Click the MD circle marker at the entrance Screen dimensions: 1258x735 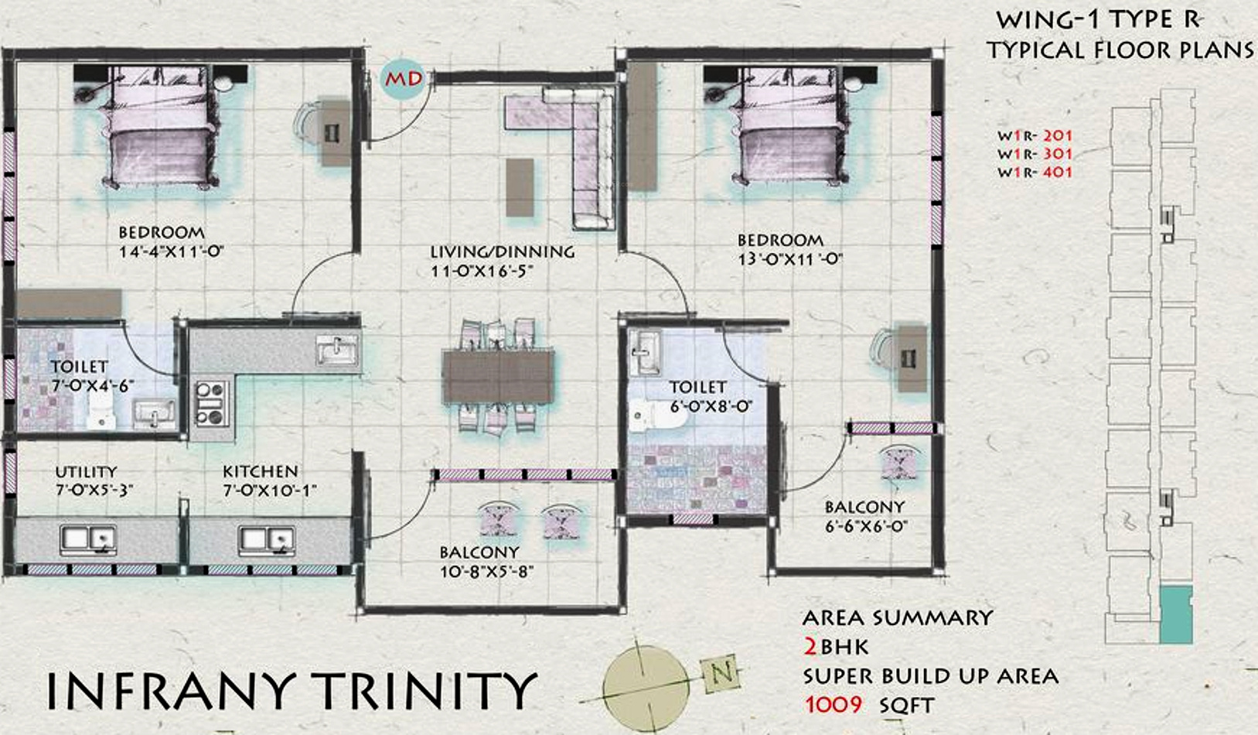tap(403, 80)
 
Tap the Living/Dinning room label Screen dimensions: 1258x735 tap(503, 251)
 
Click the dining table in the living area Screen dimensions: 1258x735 tap(498, 377)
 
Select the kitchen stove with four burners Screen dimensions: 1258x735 tap(212, 403)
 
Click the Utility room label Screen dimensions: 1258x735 tap(86, 471)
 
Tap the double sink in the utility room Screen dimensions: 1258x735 tap(88, 540)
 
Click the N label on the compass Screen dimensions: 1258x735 tap(721, 673)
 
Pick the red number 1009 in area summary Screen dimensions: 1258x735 tap(834, 704)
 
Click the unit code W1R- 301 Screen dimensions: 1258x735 tap(1035, 154)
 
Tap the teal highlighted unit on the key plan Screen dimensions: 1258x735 tap(1175, 615)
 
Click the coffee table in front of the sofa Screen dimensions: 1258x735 tap(520, 187)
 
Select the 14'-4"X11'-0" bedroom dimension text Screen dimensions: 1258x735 tap(172, 251)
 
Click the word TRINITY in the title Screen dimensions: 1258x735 tap(424, 690)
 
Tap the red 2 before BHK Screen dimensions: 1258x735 tap(810, 648)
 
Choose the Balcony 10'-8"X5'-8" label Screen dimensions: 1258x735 tap(486, 562)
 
